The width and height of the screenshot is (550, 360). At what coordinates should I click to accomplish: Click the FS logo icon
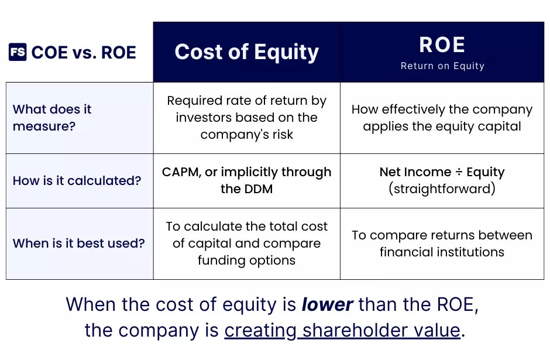pyautogui.click(x=18, y=52)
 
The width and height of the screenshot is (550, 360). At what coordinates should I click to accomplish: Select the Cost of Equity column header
pyautogui.click(x=246, y=52)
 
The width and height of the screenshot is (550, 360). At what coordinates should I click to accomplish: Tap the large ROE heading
pyautogui.click(x=442, y=45)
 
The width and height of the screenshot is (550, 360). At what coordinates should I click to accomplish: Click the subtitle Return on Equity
pyautogui.click(x=442, y=66)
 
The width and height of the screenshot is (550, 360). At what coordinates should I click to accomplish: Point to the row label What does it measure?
pyautogui.click(x=53, y=118)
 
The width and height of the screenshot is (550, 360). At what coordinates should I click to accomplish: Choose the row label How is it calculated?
pyautogui.click(x=77, y=180)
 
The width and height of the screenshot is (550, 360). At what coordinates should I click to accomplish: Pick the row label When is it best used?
pyautogui.click(x=78, y=243)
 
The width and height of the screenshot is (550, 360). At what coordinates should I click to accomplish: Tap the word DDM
pyautogui.click(x=259, y=189)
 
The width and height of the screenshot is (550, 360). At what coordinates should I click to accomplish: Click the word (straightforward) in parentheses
pyautogui.click(x=442, y=189)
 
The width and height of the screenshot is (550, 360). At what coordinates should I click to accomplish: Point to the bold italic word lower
pyautogui.click(x=327, y=305)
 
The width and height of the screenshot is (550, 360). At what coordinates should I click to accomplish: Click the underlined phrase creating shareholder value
pyautogui.click(x=342, y=330)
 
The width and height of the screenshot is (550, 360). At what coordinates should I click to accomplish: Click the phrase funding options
pyautogui.click(x=246, y=260)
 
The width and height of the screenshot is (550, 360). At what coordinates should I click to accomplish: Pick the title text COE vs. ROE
pyautogui.click(x=84, y=52)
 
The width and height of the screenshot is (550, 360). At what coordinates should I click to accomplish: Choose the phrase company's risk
pyautogui.click(x=246, y=135)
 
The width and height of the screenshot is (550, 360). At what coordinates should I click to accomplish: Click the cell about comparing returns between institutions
pyautogui.click(x=442, y=244)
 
